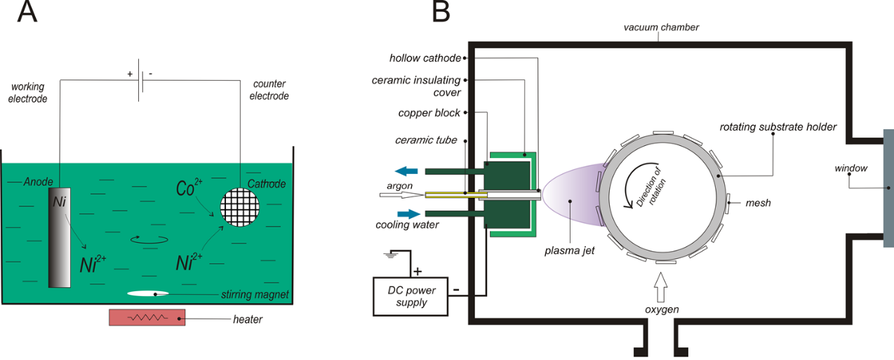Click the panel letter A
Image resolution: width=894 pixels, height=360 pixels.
[x=27, y=13]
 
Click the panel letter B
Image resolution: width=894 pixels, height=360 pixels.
[x=441, y=13]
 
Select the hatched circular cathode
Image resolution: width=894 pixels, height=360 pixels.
[x=240, y=208]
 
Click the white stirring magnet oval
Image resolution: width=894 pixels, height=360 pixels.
[x=149, y=293]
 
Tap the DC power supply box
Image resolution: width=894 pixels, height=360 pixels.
[x=411, y=296]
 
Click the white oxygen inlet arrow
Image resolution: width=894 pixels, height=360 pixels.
[x=662, y=286]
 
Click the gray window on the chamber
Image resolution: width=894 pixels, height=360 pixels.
[x=888, y=188]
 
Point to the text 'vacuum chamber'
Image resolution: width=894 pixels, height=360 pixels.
[x=661, y=27]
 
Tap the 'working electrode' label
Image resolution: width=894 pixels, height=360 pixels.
[x=29, y=93]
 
